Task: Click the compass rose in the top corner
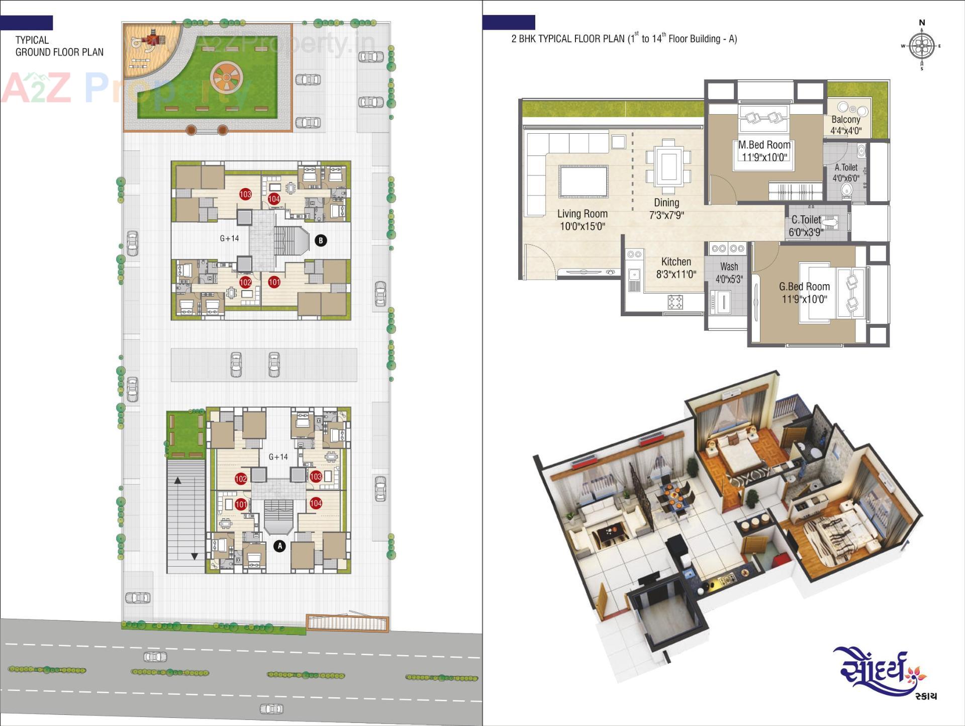922,46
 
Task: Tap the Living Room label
582,220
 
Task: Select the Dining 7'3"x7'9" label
666,209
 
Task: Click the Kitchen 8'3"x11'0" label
676,267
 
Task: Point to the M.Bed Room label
764,150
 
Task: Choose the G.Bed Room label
804,292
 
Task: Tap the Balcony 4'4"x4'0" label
846,125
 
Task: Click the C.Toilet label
806,225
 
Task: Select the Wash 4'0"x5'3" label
729,273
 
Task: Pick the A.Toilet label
846,172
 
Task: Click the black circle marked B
321,240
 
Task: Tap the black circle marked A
279,546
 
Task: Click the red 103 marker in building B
245,194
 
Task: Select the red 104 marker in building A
316,503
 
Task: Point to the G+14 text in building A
278,457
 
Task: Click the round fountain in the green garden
226,77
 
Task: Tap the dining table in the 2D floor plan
668,166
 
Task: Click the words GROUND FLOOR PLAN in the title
59,52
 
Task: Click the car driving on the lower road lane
271,709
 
